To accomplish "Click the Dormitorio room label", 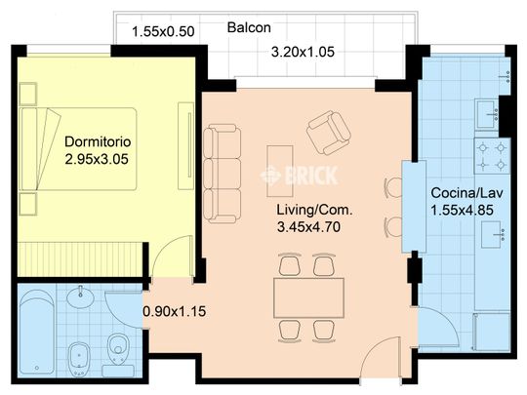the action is tap(98, 141).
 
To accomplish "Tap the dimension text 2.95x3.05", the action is tap(97, 159).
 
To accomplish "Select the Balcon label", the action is tap(249, 27).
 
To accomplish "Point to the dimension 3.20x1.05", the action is tap(303, 52).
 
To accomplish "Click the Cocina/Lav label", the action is tap(466, 193).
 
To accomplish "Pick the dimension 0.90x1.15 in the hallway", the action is tap(175, 311).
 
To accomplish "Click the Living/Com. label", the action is tap(314, 210).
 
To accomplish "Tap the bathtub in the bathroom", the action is tap(37, 332).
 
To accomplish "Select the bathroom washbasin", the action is tap(80, 296).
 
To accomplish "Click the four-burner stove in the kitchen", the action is tap(492, 156).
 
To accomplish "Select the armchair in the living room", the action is tap(329, 133).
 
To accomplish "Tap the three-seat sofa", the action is tap(223, 174).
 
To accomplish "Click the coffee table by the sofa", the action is tap(280, 171).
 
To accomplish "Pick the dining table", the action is tap(308, 297).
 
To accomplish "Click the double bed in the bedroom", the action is tap(78, 149).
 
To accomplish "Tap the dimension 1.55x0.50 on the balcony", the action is tap(163, 32).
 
